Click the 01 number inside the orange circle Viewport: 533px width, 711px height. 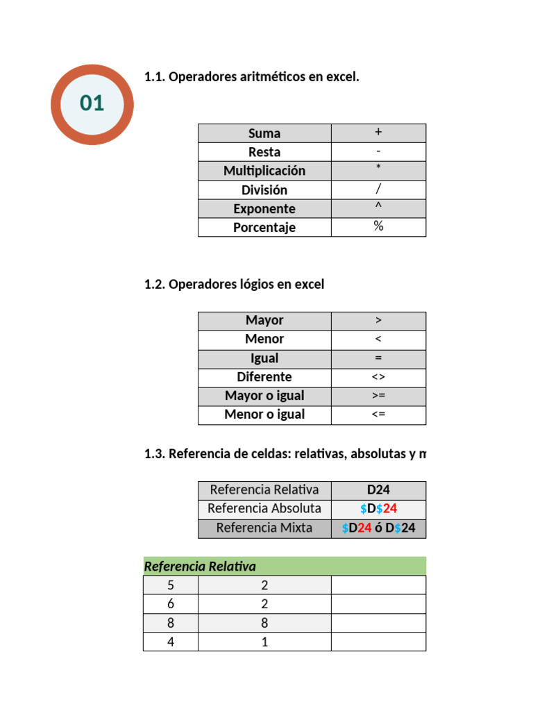coord(92,103)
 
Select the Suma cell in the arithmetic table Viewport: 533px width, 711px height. coord(264,133)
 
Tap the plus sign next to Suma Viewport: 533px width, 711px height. coord(378,132)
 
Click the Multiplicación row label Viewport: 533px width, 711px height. coord(264,171)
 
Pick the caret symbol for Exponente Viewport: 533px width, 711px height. coord(378,208)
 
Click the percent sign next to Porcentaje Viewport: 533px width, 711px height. coord(378,226)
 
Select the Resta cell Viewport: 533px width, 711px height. coord(264,152)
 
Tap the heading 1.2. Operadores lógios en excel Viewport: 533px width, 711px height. coord(234,284)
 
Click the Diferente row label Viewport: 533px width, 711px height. coord(264,377)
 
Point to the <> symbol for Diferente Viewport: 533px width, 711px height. coord(378,377)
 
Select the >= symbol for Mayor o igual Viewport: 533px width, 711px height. coord(378,396)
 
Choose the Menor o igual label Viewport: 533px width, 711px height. coord(264,415)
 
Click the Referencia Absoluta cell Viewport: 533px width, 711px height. coord(264,508)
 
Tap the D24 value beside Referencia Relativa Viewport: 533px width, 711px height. coord(378,490)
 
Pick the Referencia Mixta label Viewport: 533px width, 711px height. coord(264,528)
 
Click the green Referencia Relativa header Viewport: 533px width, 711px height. coord(200,567)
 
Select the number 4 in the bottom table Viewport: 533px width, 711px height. coord(171,642)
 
